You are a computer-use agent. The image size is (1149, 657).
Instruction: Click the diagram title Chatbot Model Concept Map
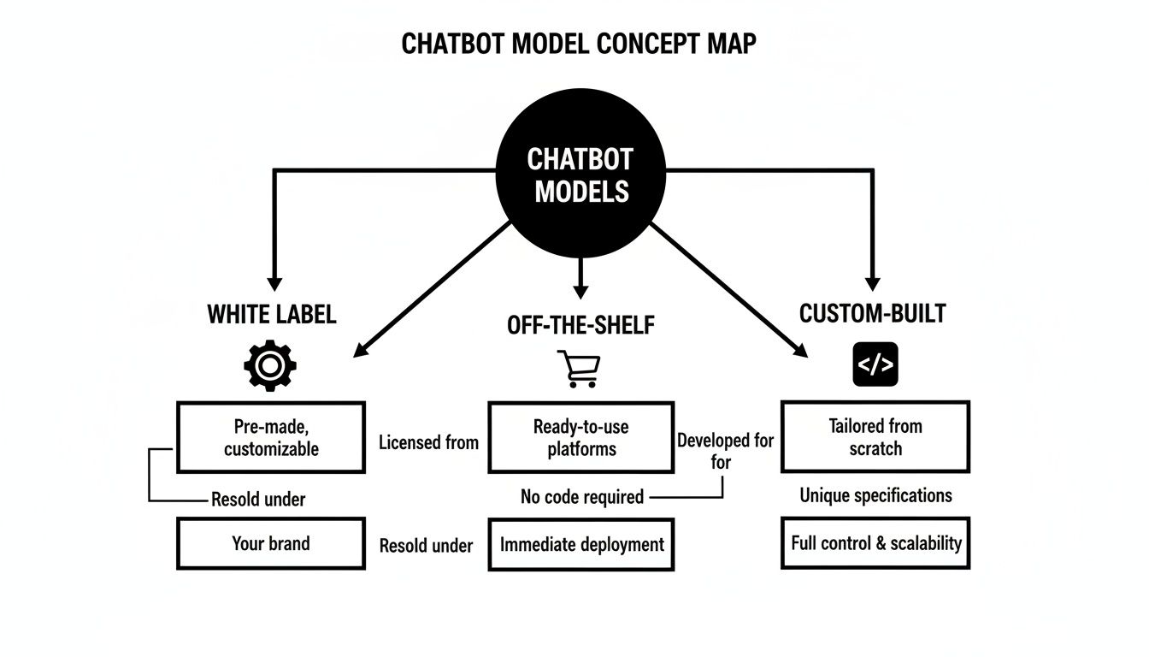click(x=579, y=44)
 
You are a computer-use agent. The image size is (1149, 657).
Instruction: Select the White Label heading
click(x=272, y=314)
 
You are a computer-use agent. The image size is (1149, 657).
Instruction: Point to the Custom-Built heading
click(x=872, y=314)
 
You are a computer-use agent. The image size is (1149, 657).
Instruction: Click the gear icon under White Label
click(x=270, y=365)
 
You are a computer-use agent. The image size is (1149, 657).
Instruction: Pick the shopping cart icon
click(x=579, y=369)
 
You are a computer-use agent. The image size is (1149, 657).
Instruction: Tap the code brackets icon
click(x=875, y=365)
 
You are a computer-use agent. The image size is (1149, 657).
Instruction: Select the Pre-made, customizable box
click(x=271, y=437)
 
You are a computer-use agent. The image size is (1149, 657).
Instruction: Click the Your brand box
click(x=271, y=544)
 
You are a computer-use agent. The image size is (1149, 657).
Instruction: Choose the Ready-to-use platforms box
click(x=581, y=437)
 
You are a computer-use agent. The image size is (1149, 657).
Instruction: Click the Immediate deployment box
click(x=581, y=544)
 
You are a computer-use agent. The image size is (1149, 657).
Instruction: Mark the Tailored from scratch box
click(x=875, y=436)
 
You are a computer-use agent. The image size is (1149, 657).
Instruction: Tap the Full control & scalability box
click(x=875, y=542)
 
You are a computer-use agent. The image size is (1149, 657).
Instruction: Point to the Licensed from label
click(x=428, y=442)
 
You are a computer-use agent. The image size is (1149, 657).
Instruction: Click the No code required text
click(x=582, y=497)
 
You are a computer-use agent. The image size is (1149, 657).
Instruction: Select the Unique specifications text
click(x=875, y=495)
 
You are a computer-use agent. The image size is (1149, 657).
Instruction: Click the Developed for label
click(x=725, y=441)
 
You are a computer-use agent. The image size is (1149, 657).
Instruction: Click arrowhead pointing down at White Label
click(x=274, y=283)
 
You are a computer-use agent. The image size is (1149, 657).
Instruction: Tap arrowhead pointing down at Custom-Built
click(x=872, y=283)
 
